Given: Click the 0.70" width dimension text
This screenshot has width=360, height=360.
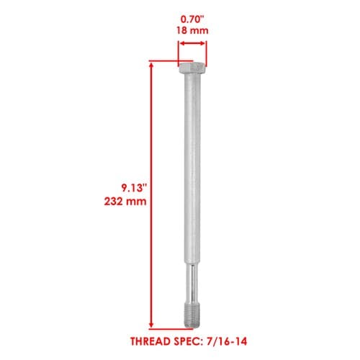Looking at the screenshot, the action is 192,19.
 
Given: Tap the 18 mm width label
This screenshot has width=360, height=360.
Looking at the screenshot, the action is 192,31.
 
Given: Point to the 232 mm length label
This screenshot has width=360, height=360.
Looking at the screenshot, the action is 125,201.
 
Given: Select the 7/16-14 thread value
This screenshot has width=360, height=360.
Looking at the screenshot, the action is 225,341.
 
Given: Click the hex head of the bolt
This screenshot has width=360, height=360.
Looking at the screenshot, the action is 192,68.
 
